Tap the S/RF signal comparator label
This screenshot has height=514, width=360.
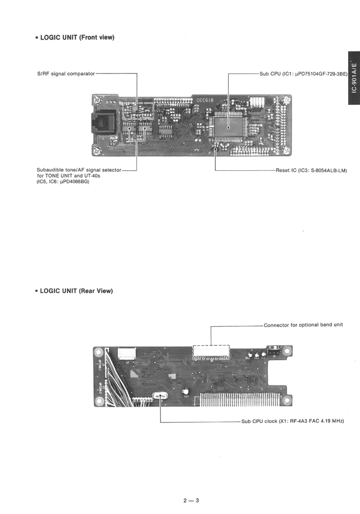click(x=65, y=73)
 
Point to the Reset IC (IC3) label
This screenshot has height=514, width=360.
click(x=311, y=170)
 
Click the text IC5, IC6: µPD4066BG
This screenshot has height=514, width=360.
click(x=63, y=182)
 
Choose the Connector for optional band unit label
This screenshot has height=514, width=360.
click(x=303, y=325)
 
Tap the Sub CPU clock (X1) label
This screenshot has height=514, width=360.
click(x=292, y=421)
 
